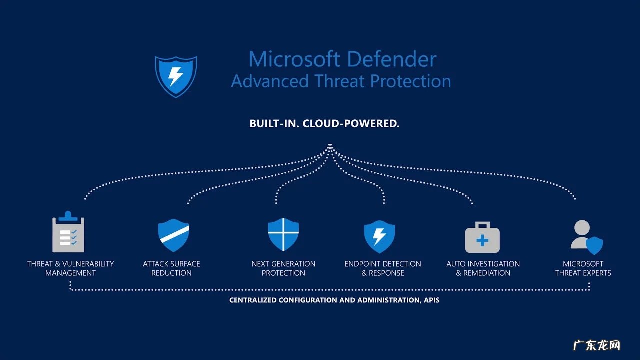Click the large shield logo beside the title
click(x=175, y=76)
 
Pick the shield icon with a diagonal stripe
click(x=173, y=235)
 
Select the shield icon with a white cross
click(x=283, y=234)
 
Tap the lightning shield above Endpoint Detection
click(x=379, y=236)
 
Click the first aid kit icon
click(x=482, y=238)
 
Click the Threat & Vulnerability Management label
click(x=70, y=268)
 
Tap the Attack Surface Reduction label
click(x=171, y=268)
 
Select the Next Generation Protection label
click(x=283, y=268)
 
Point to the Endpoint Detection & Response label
click(x=383, y=268)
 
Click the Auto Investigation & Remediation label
click(x=483, y=268)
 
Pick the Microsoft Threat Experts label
click(x=583, y=268)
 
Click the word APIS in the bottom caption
click(x=431, y=300)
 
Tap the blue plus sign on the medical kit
click(x=482, y=241)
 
